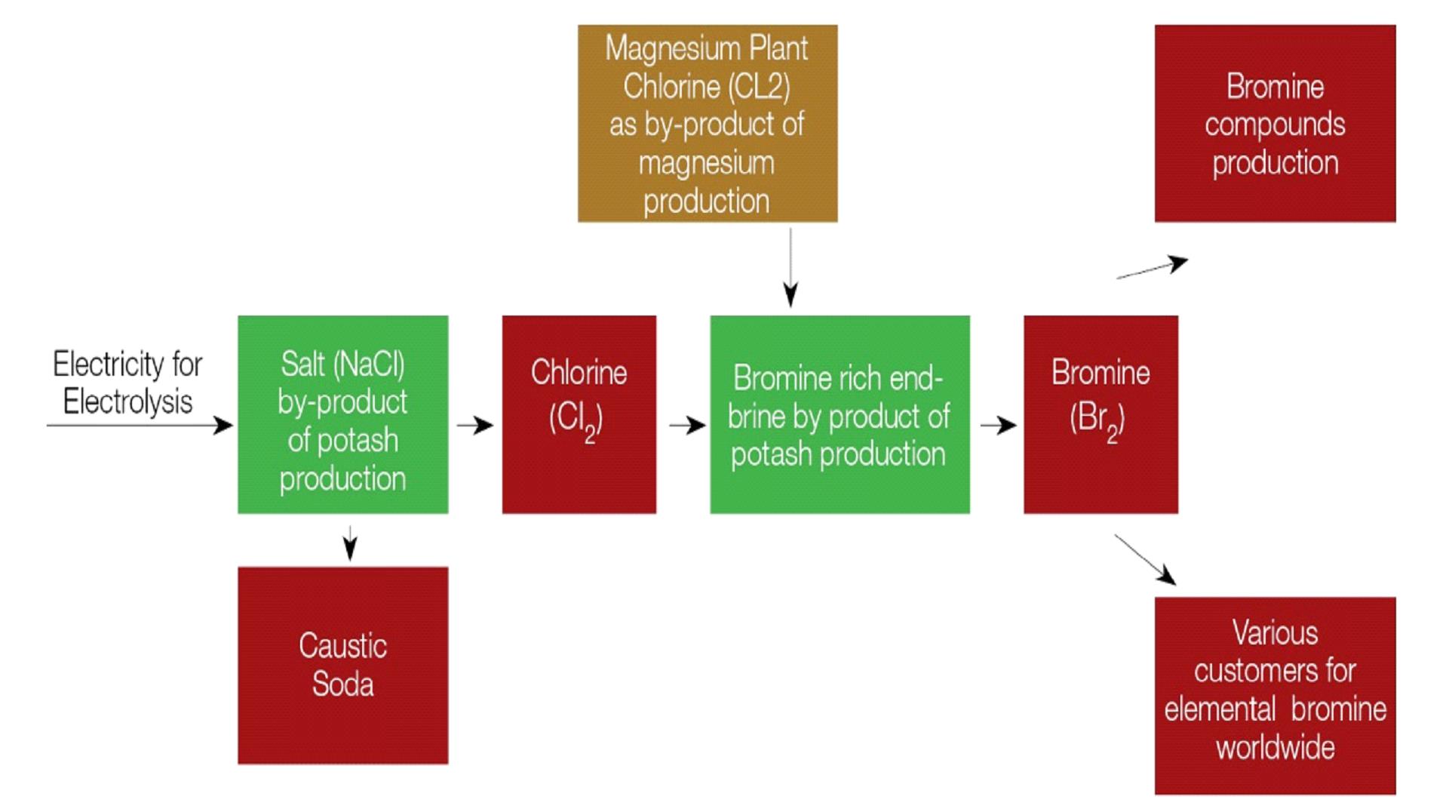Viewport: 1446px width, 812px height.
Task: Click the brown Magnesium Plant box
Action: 707,123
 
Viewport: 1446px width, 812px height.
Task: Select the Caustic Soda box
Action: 342,665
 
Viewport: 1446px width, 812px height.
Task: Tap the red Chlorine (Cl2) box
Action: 579,414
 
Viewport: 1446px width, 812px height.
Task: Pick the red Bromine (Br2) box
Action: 1100,414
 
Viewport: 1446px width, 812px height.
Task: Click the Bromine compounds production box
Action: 1274,123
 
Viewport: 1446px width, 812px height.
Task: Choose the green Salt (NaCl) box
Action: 342,414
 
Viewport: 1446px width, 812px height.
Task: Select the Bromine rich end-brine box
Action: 839,414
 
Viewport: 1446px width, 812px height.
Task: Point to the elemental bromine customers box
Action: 1274,695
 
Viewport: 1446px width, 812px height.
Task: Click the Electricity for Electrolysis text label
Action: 127,383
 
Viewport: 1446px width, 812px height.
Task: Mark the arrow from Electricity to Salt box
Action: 140,426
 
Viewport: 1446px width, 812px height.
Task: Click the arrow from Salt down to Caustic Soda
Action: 349,543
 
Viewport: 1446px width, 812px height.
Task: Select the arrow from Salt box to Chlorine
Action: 474,426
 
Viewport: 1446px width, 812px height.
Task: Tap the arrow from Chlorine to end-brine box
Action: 686,426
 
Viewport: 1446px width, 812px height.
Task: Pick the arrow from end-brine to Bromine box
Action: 997,426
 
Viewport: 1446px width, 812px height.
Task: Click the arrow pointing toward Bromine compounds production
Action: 1151,268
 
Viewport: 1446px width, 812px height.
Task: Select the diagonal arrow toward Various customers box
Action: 1144,559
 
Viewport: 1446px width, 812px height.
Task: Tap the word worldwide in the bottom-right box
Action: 1275,748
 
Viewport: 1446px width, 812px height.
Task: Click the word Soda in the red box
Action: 342,684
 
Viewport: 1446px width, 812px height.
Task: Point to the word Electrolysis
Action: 127,401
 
